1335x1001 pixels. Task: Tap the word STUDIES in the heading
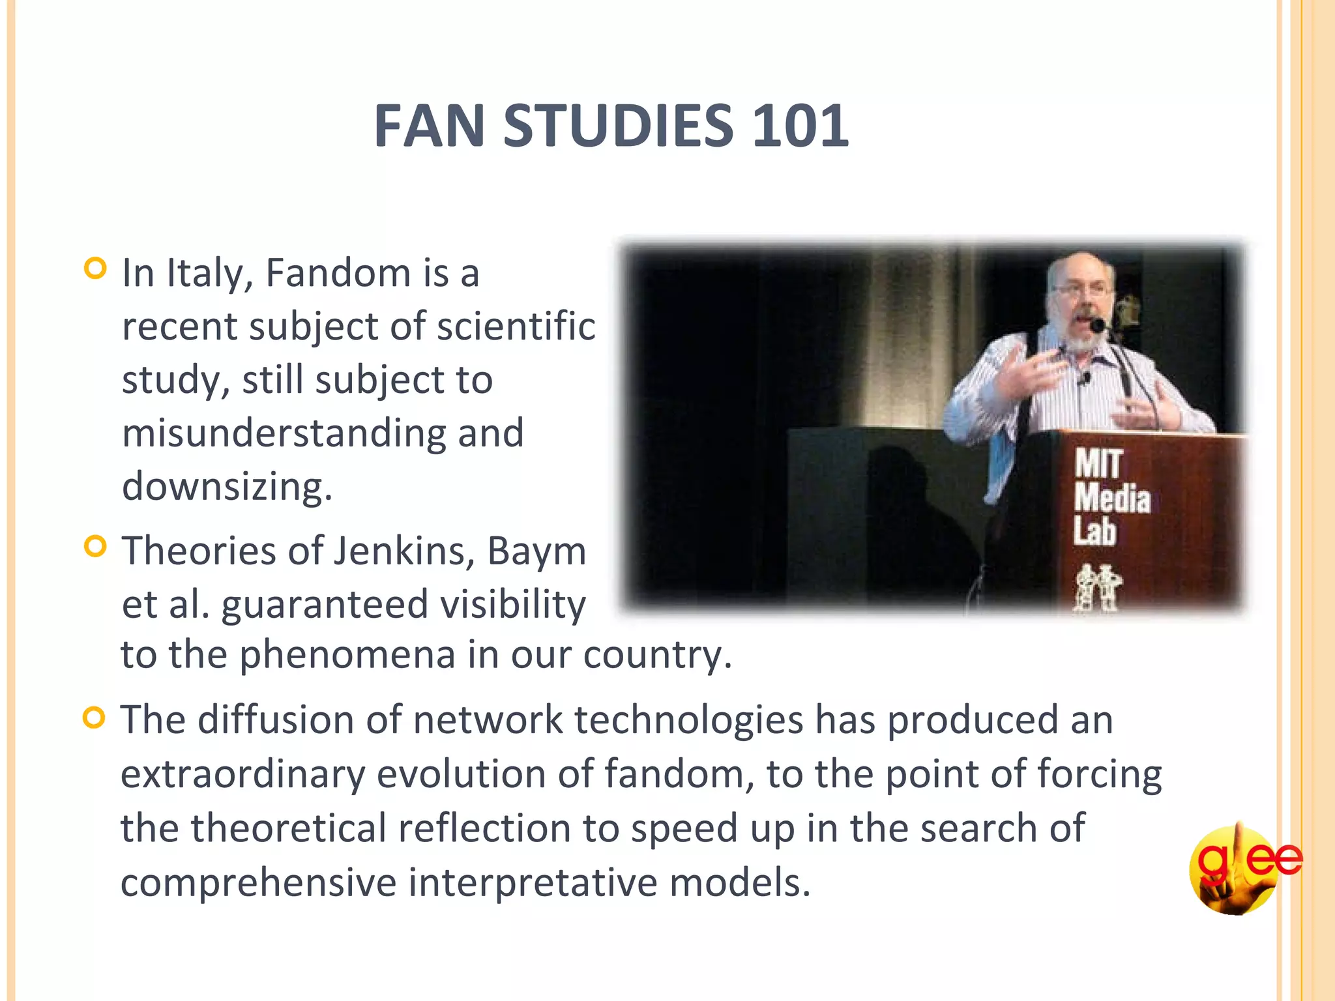click(x=618, y=126)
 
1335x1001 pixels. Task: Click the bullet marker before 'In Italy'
click(x=95, y=268)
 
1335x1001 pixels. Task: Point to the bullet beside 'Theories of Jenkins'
click(x=95, y=546)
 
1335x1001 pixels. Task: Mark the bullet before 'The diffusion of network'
click(x=95, y=718)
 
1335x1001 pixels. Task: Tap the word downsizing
click(x=227, y=487)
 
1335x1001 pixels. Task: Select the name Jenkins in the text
click(x=403, y=551)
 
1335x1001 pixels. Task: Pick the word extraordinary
click(x=242, y=774)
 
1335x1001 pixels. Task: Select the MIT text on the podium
click(x=1098, y=464)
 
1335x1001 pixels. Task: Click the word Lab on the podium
click(x=1095, y=530)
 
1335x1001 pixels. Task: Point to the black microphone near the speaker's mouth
click(x=1098, y=325)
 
